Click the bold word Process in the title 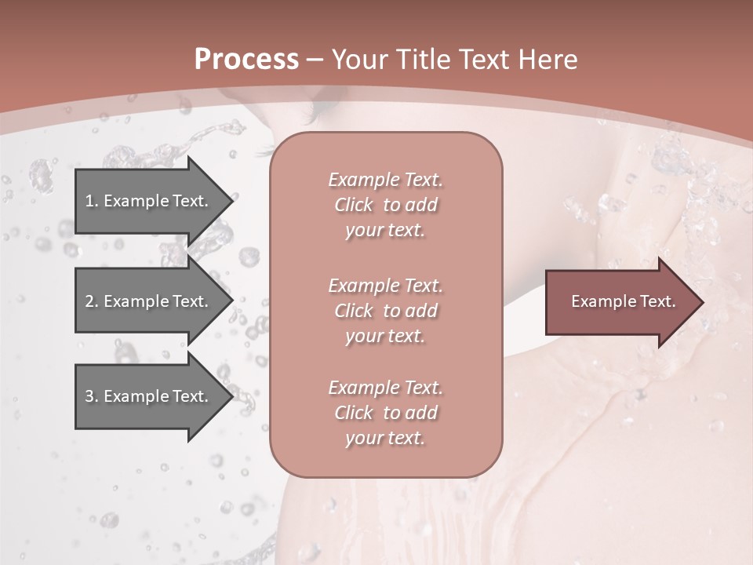[246, 60]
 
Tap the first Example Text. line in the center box [385, 180]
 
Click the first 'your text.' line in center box [385, 231]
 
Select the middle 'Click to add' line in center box [385, 311]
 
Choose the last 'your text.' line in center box [385, 438]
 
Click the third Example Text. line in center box [385, 388]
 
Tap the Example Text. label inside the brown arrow [623, 301]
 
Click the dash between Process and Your [315, 60]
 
